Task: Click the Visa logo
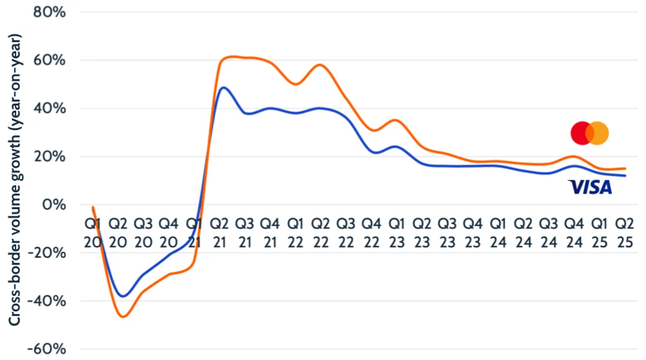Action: (590, 187)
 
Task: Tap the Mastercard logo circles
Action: (590, 133)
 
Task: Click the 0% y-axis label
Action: (55, 204)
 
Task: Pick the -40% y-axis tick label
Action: (49, 301)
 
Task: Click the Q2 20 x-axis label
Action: (118, 233)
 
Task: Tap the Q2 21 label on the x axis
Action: (219, 233)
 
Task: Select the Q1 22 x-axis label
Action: (295, 233)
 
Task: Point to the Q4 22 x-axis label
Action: (371, 233)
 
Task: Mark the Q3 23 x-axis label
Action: (447, 233)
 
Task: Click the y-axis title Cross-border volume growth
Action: (15, 180)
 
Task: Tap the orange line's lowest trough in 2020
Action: (122, 317)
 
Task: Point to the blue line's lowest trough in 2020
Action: (123, 296)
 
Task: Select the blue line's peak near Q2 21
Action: (224, 88)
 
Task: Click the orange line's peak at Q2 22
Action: (320, 65)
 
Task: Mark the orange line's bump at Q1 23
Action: (396, 120)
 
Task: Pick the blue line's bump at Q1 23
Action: (396, 147)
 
